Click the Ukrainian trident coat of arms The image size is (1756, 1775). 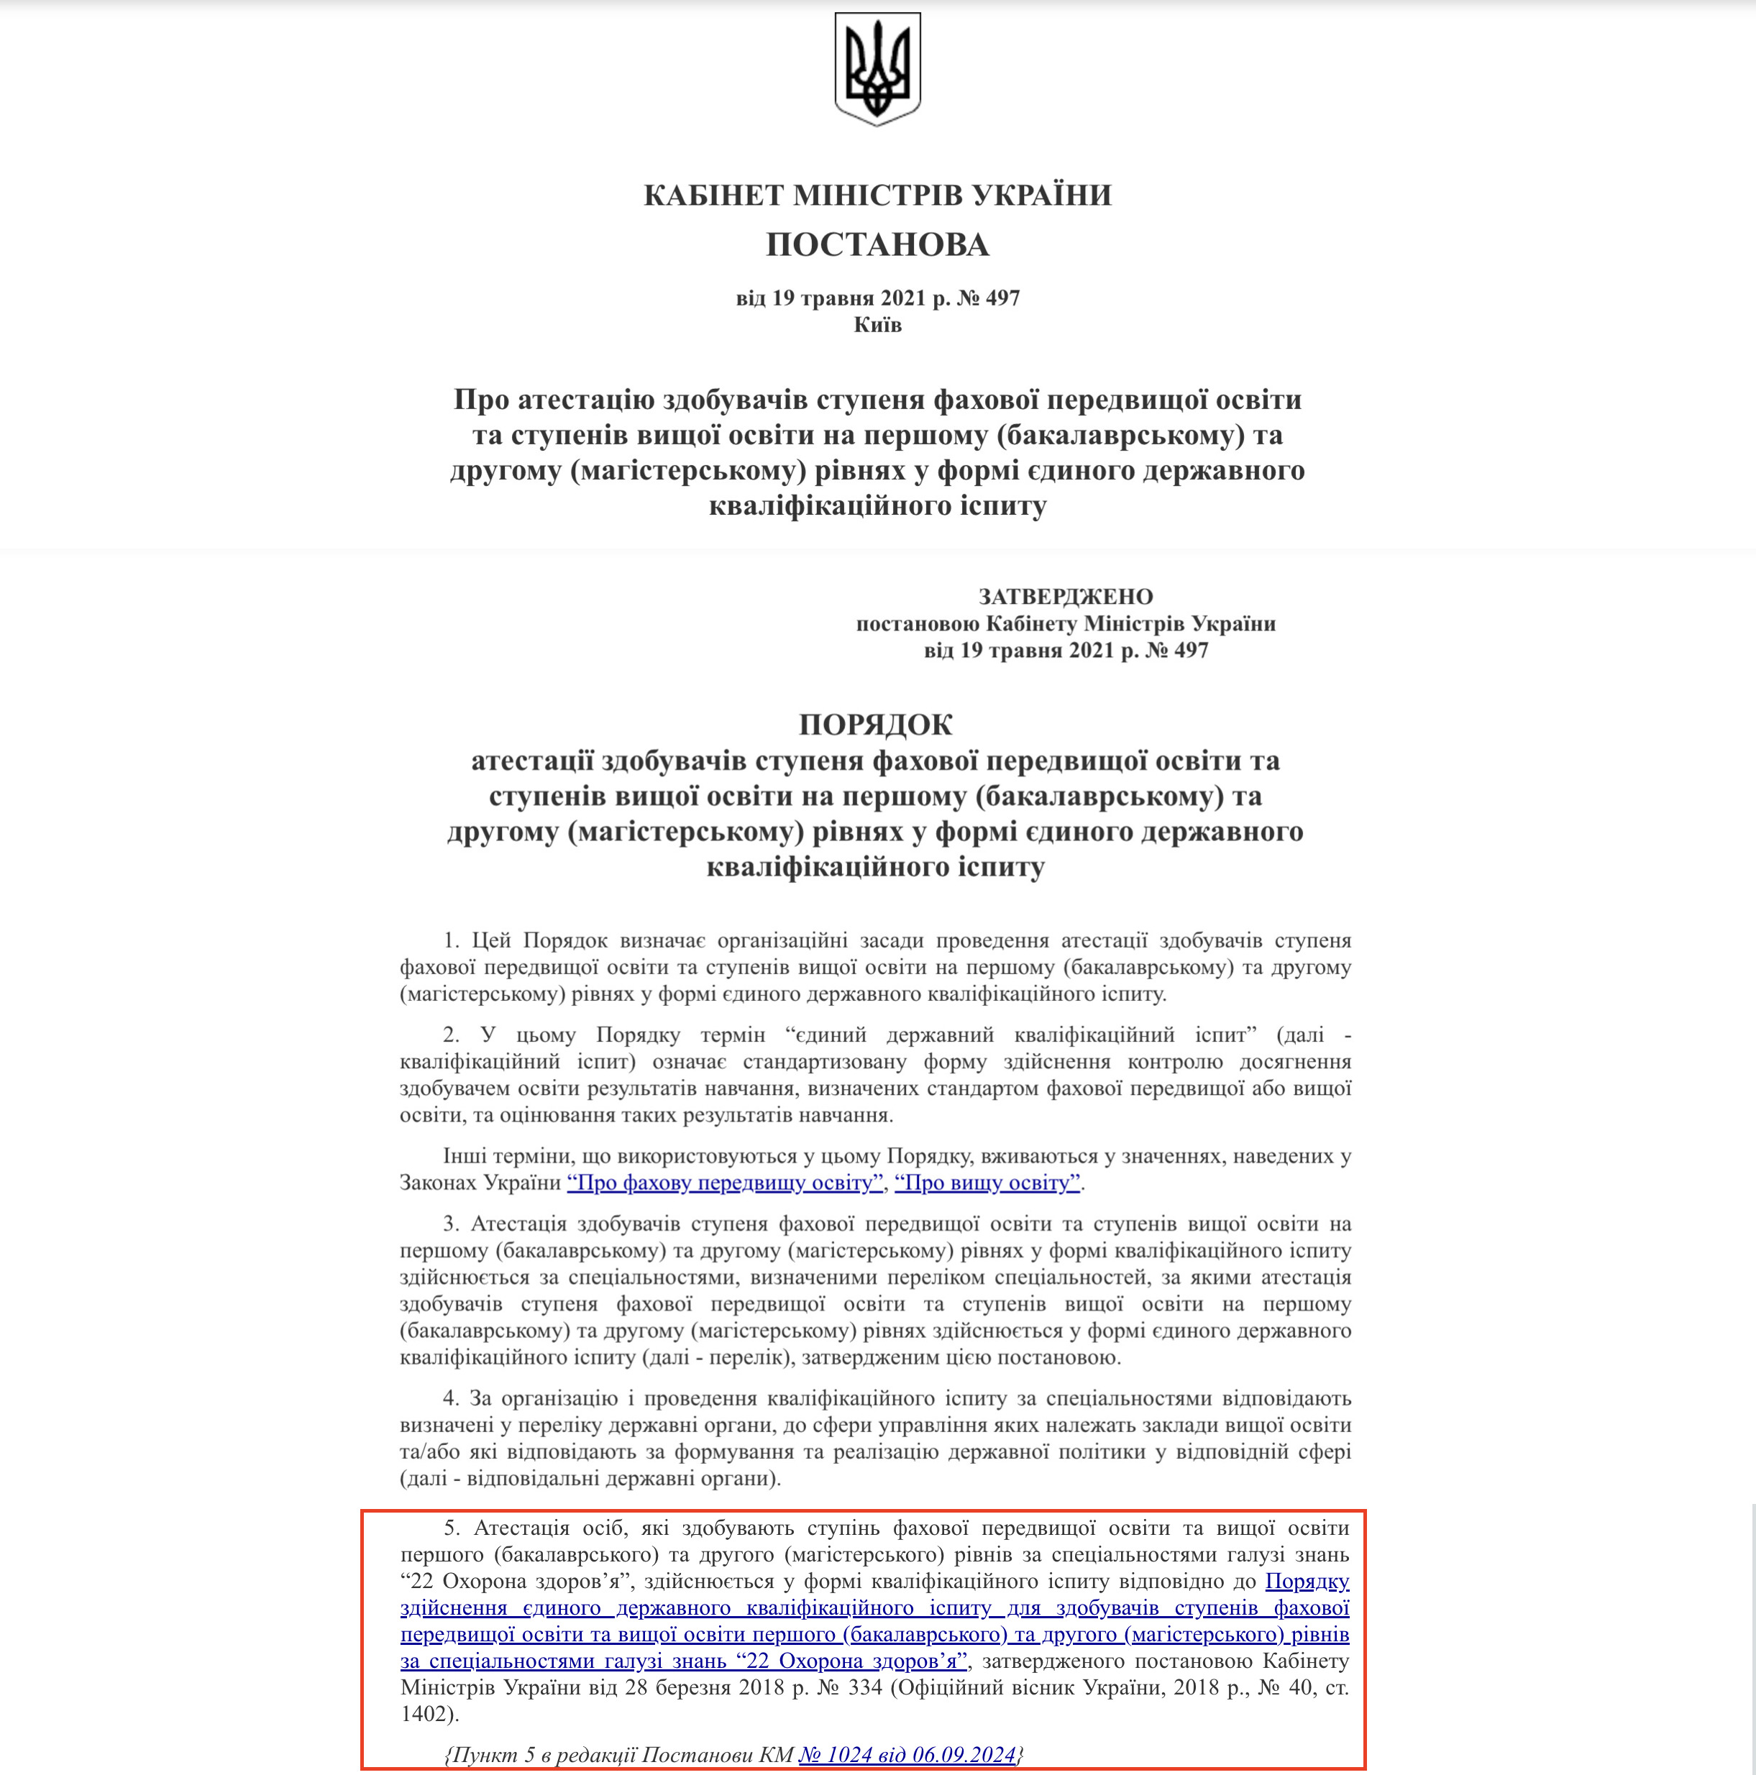[877, 69]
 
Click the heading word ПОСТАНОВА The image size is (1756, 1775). [877, 244]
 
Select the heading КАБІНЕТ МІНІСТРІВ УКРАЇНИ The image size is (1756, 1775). [877, 195]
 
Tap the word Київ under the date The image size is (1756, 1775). [877, 325]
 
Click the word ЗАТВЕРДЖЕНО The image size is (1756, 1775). [1065, 596]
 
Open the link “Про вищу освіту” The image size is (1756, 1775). [988, 1183]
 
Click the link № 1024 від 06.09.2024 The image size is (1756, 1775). [908, 1754]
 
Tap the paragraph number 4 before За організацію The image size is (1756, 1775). [450, 1398]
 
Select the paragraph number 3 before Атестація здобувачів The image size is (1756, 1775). [450, 1224]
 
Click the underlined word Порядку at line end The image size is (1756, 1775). [1307, 1581]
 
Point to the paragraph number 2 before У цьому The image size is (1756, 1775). [450, 1035]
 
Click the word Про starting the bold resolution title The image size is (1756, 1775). [482, 400]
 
